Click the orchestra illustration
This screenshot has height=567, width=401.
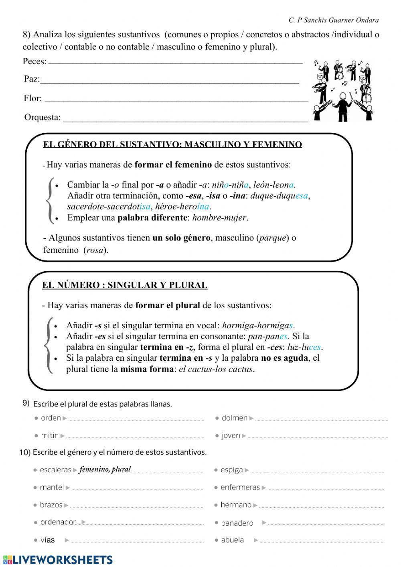(x=343, y=90)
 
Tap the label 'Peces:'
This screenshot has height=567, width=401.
(x=34, y=61)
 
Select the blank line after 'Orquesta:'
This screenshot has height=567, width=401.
(x=186, y=119)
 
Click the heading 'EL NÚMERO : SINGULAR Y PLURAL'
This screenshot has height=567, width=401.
(x=125, y=285)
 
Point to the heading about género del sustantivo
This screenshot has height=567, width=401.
(x=172, y=144)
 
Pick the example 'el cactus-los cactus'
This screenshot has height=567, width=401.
(x=216, y=369)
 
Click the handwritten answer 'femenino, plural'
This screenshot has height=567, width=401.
(x=105, y=469)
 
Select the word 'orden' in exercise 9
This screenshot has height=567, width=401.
(x=51, y=418)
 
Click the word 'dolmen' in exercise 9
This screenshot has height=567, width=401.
(x=235, y=418)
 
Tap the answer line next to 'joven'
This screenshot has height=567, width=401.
(x=318, y=437)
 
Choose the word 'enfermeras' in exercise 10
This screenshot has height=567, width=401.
(x=240, y=488)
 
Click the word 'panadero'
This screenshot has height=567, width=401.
(x=237, y=523)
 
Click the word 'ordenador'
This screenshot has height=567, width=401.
(x=58, y=522)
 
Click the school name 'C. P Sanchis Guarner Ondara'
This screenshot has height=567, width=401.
(x=333, y=20)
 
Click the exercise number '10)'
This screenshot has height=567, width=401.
(x=25, y=453)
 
